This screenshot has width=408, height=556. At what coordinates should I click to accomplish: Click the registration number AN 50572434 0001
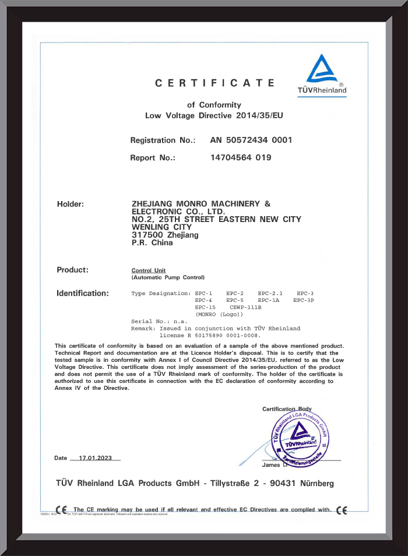(x=251, y=140)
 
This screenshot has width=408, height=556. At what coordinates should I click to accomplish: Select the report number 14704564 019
(x=240, y=157)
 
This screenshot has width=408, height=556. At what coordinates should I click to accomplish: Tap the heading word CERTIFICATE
(x=214, y=83)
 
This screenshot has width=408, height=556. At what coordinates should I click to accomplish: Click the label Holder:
(x=71, y=204)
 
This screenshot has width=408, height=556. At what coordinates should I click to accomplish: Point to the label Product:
(x=72, y=270)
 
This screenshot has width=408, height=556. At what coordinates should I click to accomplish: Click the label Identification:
(x=82, y=293)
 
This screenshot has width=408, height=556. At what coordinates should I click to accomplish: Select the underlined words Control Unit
(x=149, y=271)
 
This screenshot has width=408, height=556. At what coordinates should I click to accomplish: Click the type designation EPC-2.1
(x=270, y=293)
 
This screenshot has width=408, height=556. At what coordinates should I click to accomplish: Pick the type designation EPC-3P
(x=303, y=300)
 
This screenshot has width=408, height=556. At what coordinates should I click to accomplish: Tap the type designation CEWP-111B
(x=245, y=307)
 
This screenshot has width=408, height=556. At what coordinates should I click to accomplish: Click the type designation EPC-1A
(x=268, y=300)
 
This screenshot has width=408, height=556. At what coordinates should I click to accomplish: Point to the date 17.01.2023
(x=94, y=458)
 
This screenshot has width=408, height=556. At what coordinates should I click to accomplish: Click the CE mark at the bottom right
(x=342, y=511)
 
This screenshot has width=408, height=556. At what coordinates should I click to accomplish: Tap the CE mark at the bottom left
(x=61, y=511)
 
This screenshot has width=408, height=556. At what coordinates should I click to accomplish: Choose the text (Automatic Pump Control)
(x=168, y=278)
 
